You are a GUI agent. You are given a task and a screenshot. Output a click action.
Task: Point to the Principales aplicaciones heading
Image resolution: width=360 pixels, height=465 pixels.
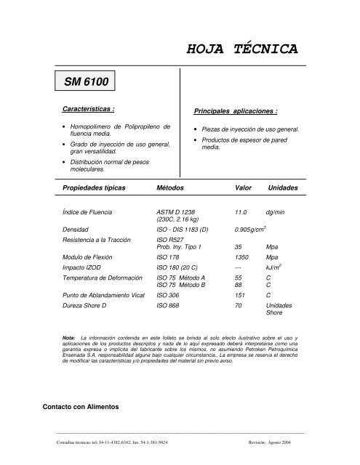click(x=236, y=112)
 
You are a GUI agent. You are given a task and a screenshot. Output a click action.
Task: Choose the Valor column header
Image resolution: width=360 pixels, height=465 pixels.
click(x=239, y=187)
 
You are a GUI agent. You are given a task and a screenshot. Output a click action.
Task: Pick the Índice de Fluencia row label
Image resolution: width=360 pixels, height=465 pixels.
click(x=92, y=211)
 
